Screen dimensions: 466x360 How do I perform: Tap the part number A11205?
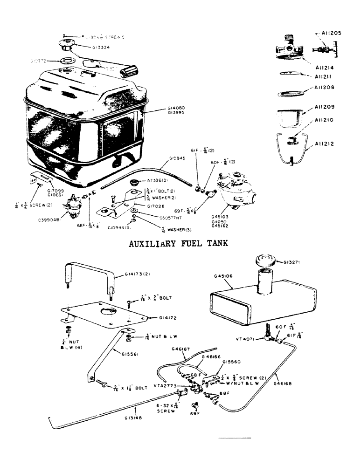331,33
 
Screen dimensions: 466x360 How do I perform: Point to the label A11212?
325,144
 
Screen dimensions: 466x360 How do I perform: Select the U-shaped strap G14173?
89,277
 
